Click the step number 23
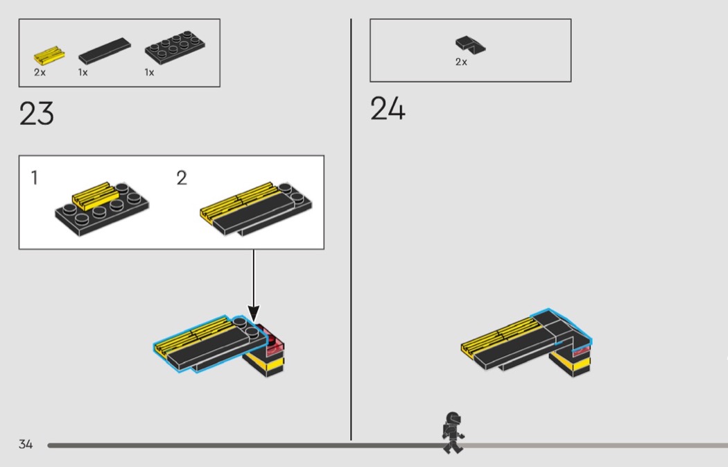click(37, 113)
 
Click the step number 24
click(388, 109)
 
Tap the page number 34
click(26, 444)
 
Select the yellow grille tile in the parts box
click(49, 56)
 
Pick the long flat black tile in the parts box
click(105, 51)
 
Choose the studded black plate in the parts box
click(175, 47)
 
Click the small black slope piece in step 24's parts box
click(470, 44)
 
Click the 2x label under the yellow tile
click(40, 72)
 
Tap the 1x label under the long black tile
click(83, 72)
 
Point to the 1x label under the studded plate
click(149, 72)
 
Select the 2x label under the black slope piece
click(461, 62)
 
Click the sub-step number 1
click(35, 178)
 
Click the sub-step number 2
click(182, 178)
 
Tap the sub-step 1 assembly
click(102, 209)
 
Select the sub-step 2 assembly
click(256, 209)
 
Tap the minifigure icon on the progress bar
click(453, 432)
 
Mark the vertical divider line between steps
click(351, 230)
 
